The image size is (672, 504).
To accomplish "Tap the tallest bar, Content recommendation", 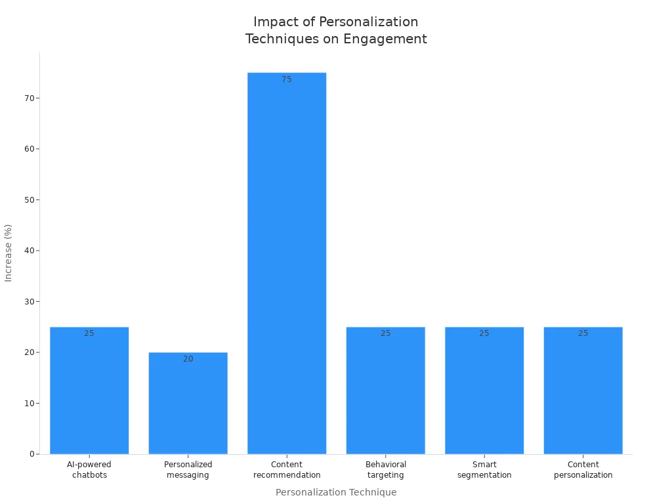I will (x=287, y=262).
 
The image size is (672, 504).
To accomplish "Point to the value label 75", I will (x=287, y=79).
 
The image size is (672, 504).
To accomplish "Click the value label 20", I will (x=188, y=359).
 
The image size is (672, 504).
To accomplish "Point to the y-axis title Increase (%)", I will (x=9, y=253).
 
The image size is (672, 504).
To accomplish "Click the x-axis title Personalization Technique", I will (x=336, y=492).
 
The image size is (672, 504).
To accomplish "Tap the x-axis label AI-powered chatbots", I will (x=89, y=470).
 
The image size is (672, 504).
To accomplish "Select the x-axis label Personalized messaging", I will (x=188, y=470).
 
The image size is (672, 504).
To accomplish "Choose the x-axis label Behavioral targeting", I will (x=386, y=470).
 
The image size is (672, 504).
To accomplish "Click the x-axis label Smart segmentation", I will (x=484, y=470).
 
